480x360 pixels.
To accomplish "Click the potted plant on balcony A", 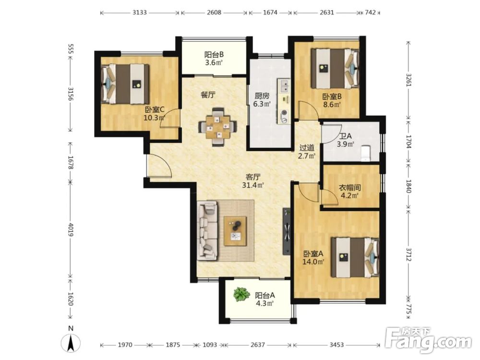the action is (241, 295).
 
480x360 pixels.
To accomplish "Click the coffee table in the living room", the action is (235, 231).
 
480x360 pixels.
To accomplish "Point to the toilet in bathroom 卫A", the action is (365, 154).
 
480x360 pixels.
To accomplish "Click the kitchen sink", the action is (284, 86).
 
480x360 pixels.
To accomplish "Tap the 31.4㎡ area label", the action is (253, 185).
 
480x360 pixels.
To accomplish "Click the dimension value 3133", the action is (140, 12).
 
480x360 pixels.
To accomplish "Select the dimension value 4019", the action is (71, 229).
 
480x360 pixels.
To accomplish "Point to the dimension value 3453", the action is (336, 345).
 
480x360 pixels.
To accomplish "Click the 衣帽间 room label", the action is (349, 187).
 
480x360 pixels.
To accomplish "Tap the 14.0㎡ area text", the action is (313, 262).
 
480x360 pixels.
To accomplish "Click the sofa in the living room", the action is (208, 230).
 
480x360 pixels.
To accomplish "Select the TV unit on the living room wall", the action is (287, 231).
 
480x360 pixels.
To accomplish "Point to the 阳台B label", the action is (214, 55).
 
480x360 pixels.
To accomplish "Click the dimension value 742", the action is (371, 12).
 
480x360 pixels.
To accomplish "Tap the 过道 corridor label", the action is (307, 148).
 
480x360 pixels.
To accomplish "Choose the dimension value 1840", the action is (408, 186).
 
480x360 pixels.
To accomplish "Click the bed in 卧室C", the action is (125, 84).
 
